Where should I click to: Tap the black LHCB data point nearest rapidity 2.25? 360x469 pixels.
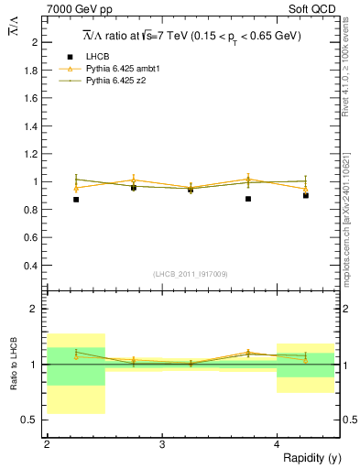(76, 199)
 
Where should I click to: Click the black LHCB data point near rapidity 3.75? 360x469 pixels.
(248, 199)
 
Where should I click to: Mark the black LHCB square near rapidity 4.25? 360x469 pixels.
(306, 195)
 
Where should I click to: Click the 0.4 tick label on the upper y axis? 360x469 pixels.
(32, 266)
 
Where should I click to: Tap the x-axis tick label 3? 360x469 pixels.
(162, 445)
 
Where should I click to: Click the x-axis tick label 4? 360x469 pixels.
(277, 445)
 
